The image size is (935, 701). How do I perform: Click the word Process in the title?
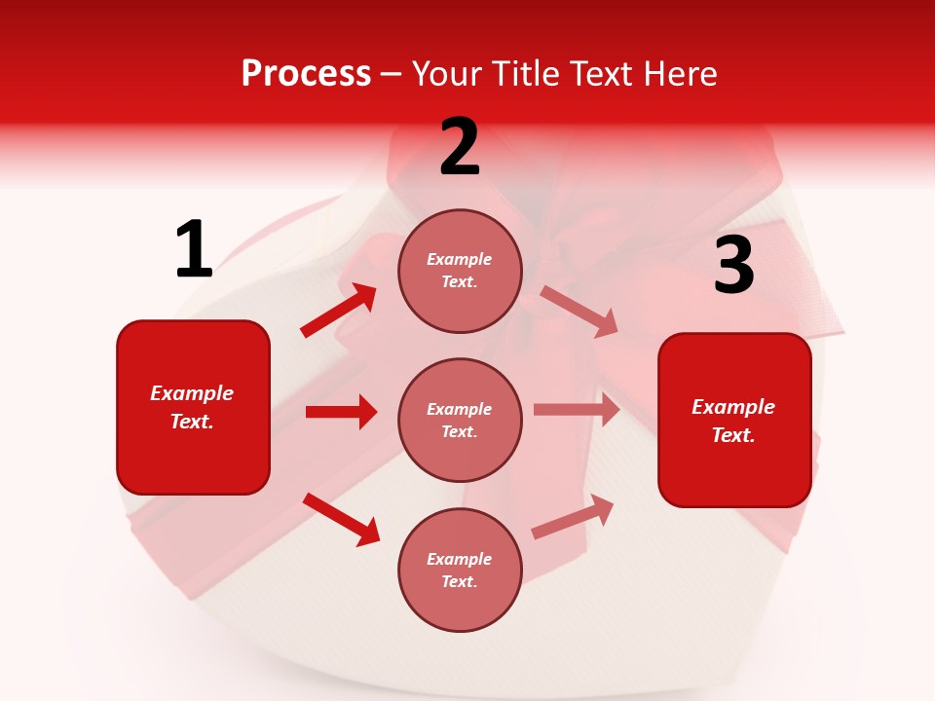(306, 74)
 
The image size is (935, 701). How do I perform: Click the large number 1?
(193, 249)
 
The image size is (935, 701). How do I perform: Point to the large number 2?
(460, 147)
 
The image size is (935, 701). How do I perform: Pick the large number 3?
(733, 266)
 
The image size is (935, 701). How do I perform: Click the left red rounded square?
(193, 407)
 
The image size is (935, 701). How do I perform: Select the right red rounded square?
(734, 420)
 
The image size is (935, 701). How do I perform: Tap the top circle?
(460, 271)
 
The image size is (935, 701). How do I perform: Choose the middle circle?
(460, 420)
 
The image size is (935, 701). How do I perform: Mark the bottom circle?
(460, 570)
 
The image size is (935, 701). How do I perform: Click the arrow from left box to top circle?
(339, 310)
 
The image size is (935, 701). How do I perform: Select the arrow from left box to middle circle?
(341, 412)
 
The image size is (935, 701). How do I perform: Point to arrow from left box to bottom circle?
(342, 518)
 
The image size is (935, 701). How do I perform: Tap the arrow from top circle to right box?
(579, 311)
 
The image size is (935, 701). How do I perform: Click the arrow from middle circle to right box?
(577, 410)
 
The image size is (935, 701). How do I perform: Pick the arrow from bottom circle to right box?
(573, 517)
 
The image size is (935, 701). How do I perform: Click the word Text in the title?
(605, 74)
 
